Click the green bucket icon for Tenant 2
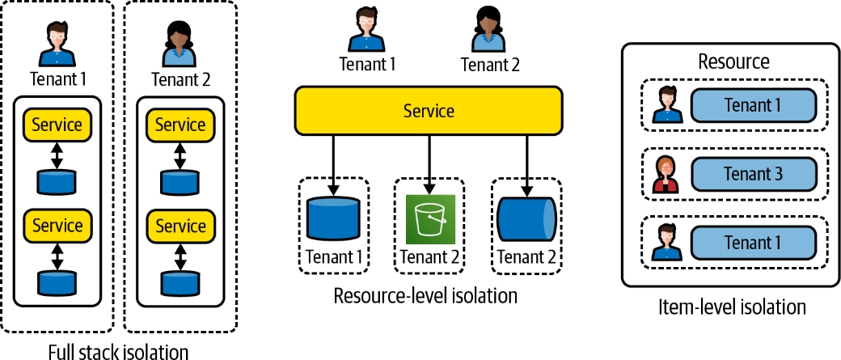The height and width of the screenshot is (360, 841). pos(430,218)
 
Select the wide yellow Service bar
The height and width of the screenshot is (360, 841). pos(428,111)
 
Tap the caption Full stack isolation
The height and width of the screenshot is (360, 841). pos(118,351)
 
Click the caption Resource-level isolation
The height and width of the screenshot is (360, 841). pos(425,296)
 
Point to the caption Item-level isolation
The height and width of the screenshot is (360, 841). pos(733,307)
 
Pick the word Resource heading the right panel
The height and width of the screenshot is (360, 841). pos(733,61)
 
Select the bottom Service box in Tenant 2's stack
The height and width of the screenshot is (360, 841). pos(180,226)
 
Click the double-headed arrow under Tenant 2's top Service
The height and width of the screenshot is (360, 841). pos(180,155)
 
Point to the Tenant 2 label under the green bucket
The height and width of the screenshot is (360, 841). pos(430,258)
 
